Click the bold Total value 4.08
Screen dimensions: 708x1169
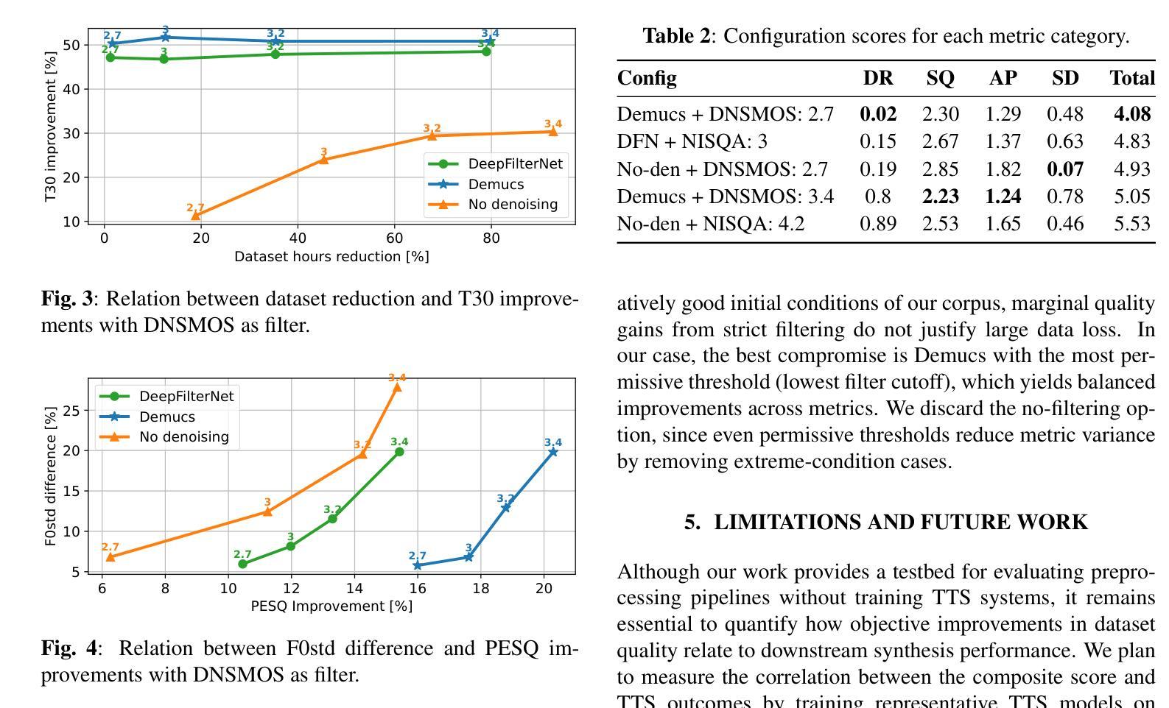coord(1132,114)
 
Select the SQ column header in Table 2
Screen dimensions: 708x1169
coord(940,78)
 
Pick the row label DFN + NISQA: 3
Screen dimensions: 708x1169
coord(692,141)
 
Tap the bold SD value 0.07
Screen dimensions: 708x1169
coord(1065,169)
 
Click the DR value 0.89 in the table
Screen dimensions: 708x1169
coord(878,224)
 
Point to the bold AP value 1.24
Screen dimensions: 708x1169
coord(1003,197)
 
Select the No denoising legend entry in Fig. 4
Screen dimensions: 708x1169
coord(183,436)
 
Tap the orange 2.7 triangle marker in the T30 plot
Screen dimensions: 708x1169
coord(196,215)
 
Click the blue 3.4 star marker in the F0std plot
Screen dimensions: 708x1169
coord(553,452)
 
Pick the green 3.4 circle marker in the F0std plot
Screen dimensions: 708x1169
coord(399,452)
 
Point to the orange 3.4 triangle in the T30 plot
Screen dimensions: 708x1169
coord(553,132)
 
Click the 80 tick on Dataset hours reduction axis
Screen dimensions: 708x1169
coord(491,238)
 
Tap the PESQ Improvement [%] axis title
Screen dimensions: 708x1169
coord(331,606)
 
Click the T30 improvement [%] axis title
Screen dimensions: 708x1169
coord(51,127)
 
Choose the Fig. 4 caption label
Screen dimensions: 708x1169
coord(69,648)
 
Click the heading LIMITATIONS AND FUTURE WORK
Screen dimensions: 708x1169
coord(885,522)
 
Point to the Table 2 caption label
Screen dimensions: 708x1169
coord(677,36)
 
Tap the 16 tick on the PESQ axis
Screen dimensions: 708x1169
coord(418,588)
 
